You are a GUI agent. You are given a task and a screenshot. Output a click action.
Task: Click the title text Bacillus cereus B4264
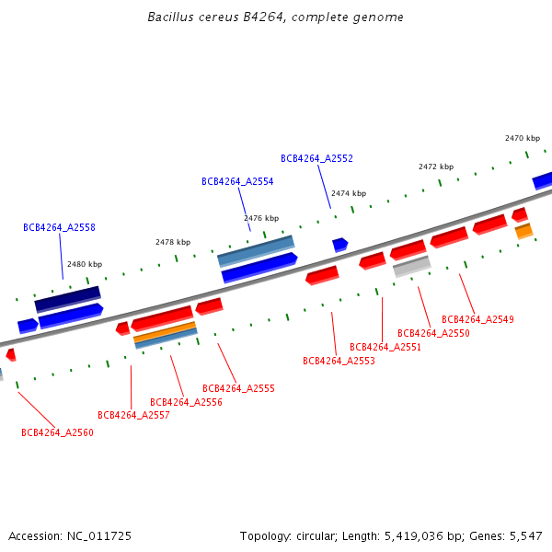275,17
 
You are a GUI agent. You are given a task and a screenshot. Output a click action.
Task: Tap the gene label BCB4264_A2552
316,158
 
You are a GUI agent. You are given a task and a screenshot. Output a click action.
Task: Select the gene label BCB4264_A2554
237,181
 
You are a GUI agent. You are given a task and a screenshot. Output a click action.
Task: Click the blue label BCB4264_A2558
59,227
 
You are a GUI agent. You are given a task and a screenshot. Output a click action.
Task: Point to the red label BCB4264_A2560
57,432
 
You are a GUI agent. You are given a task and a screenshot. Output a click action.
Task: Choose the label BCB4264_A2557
133,415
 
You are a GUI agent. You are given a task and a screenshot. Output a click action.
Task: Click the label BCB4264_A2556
186,402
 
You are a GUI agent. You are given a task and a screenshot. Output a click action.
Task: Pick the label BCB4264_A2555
238,388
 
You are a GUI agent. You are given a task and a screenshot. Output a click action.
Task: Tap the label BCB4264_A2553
339,361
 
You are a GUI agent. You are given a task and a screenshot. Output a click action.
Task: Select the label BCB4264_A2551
385,347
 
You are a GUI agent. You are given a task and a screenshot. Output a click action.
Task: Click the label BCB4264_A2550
433,333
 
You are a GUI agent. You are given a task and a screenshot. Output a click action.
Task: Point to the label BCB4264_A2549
477,319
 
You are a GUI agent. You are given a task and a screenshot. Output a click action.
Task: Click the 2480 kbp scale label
85,264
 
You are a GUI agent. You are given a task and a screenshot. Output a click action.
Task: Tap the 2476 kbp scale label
261,218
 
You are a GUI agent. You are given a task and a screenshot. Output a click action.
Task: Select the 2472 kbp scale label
436,167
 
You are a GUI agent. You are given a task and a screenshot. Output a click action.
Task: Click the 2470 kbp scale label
523,138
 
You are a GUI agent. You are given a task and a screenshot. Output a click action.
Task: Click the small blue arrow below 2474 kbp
339,245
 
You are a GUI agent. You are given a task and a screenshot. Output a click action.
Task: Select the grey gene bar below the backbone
411,266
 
